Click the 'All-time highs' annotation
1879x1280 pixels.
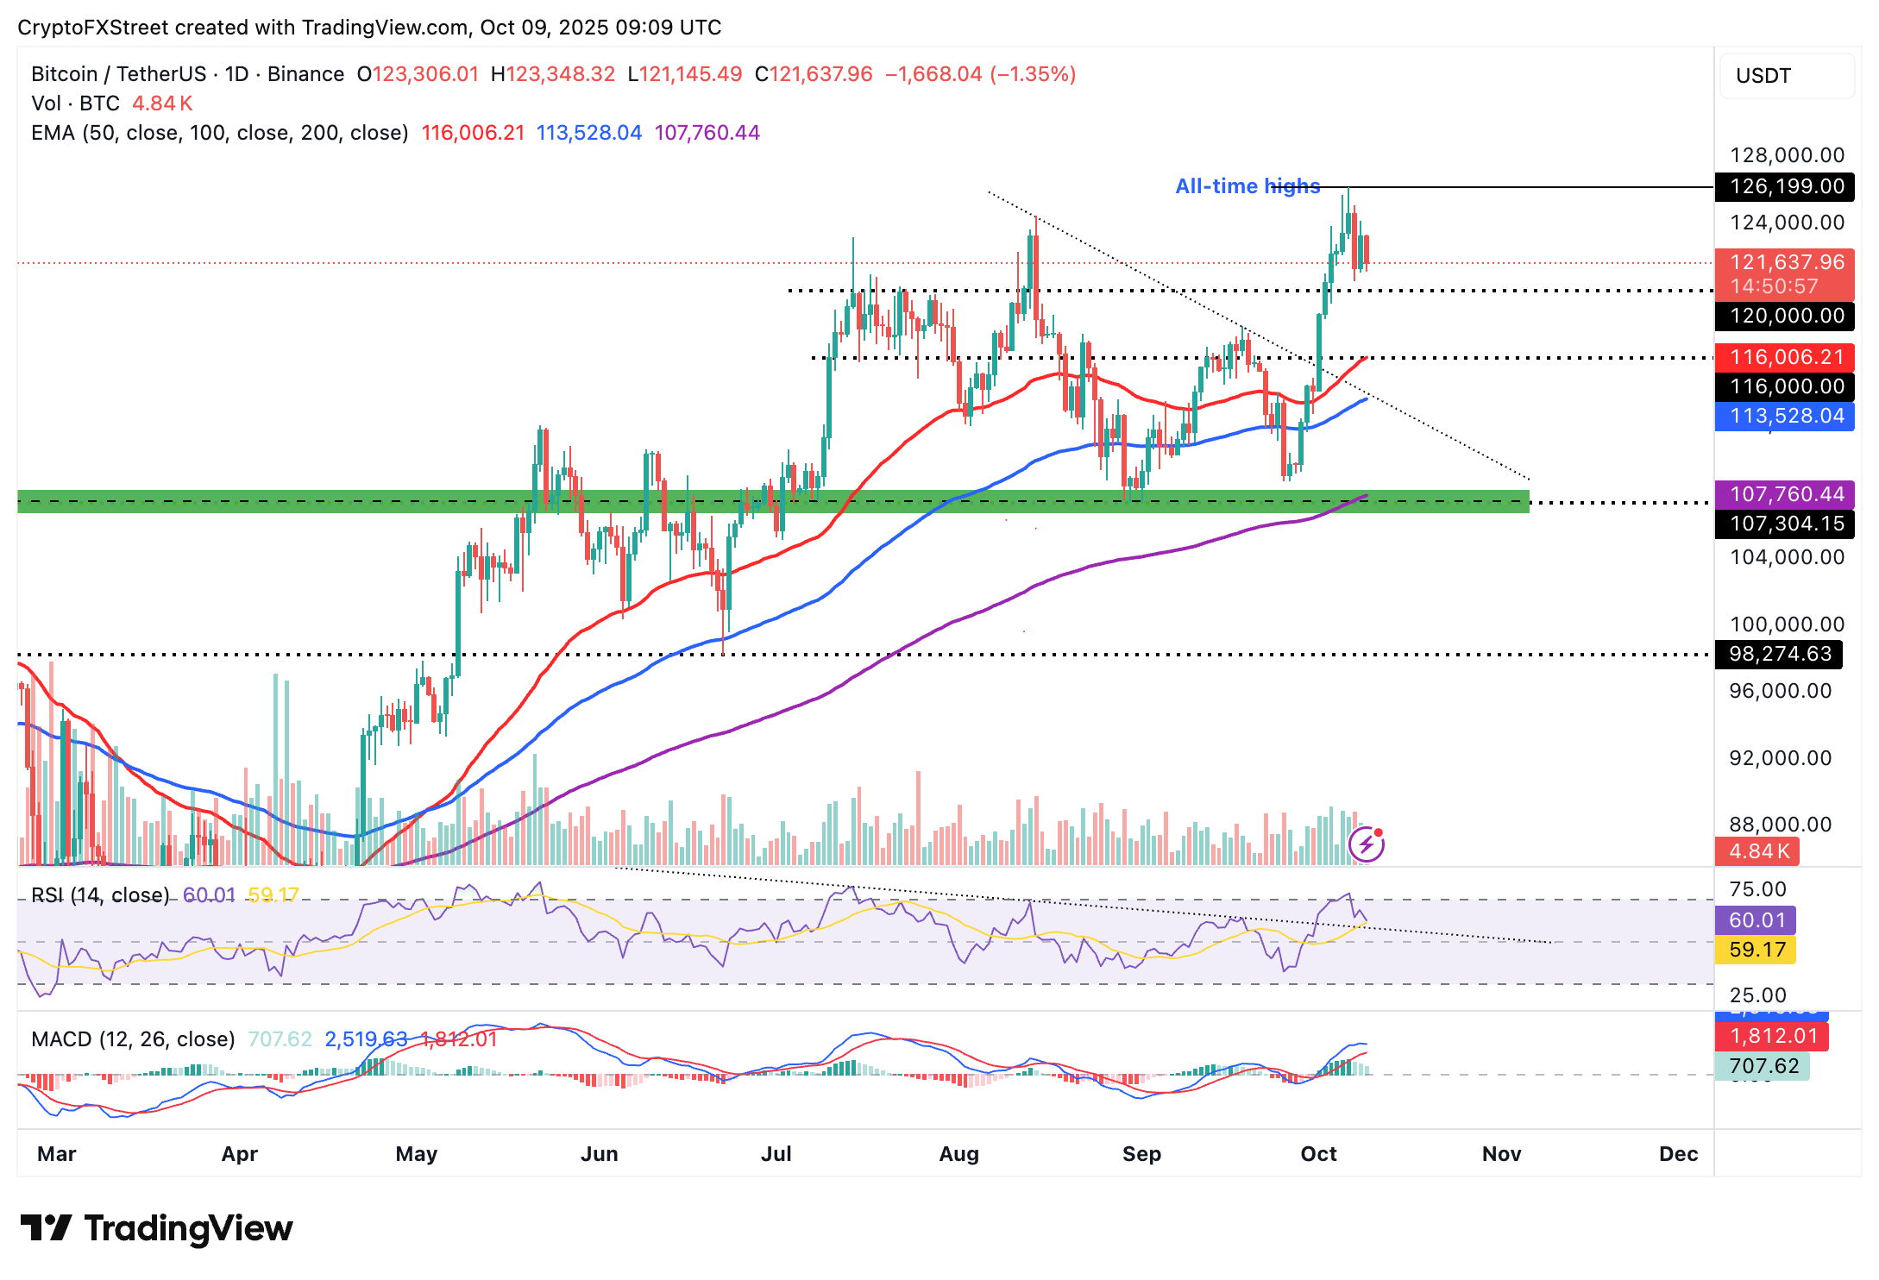coord(1247,186)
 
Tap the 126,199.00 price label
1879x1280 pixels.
coord(1785,186)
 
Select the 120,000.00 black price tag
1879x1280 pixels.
coord(1785,316)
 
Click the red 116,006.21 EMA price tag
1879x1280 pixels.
coord(1785,357)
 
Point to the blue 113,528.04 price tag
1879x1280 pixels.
coord(1785,416)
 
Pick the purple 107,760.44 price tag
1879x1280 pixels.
coord(1785,494)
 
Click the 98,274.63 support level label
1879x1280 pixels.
coord(1779,654)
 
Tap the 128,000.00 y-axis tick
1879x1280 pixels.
coord(1787,155)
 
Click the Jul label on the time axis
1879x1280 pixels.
coord(776,1154)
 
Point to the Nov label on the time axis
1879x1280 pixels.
coord(1501,1154)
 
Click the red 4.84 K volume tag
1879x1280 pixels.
coord(1757,851)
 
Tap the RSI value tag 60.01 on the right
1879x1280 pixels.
coord(1756,920)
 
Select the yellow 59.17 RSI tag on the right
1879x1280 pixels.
coord(1756,950)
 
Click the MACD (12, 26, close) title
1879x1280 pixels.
coord(133,1038)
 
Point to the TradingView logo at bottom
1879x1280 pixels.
coord(156,1228)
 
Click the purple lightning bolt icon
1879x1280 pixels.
coord(1367,844)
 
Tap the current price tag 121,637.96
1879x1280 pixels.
coord(1785,262)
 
